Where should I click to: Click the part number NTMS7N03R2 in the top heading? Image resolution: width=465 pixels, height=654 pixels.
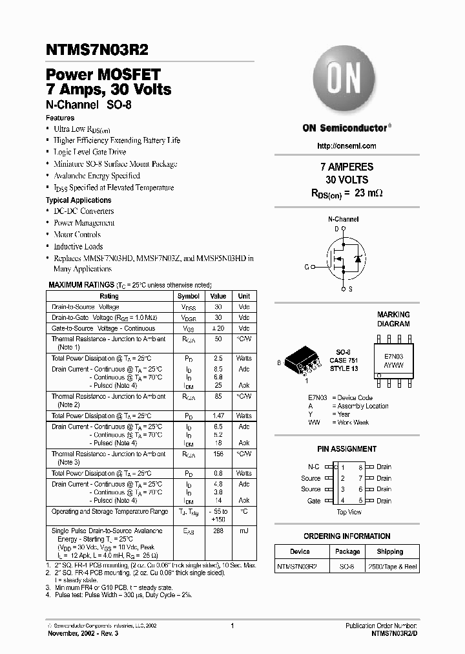click(91, 50)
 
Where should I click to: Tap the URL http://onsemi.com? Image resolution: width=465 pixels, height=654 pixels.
click(347, 145)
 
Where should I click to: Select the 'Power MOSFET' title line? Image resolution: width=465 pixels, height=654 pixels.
click(103, 75)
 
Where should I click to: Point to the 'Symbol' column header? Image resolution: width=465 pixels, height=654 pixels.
click(188, 296)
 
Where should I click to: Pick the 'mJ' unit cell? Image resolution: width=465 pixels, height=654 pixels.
click(243, 531)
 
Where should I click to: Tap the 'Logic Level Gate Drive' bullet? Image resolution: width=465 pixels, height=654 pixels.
click(90, 152)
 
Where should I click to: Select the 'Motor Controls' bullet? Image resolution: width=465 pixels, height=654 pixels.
click(77, 235)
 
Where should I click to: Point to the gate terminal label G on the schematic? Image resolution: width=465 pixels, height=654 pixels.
click(306, 266)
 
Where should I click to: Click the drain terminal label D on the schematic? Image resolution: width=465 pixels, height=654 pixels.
click(336, 229)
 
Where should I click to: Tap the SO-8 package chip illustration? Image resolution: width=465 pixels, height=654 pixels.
click(303, 360)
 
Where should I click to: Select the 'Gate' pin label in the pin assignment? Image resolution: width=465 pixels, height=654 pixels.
click(314, 501)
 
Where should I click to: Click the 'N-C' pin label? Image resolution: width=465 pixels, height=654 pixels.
click(314, 467)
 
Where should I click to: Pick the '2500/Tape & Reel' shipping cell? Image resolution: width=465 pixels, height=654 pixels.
click(392, 566)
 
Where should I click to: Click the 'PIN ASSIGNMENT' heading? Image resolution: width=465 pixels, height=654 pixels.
click(347, 448)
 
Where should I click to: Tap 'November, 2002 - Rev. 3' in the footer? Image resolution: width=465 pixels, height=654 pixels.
click(83, 634)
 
